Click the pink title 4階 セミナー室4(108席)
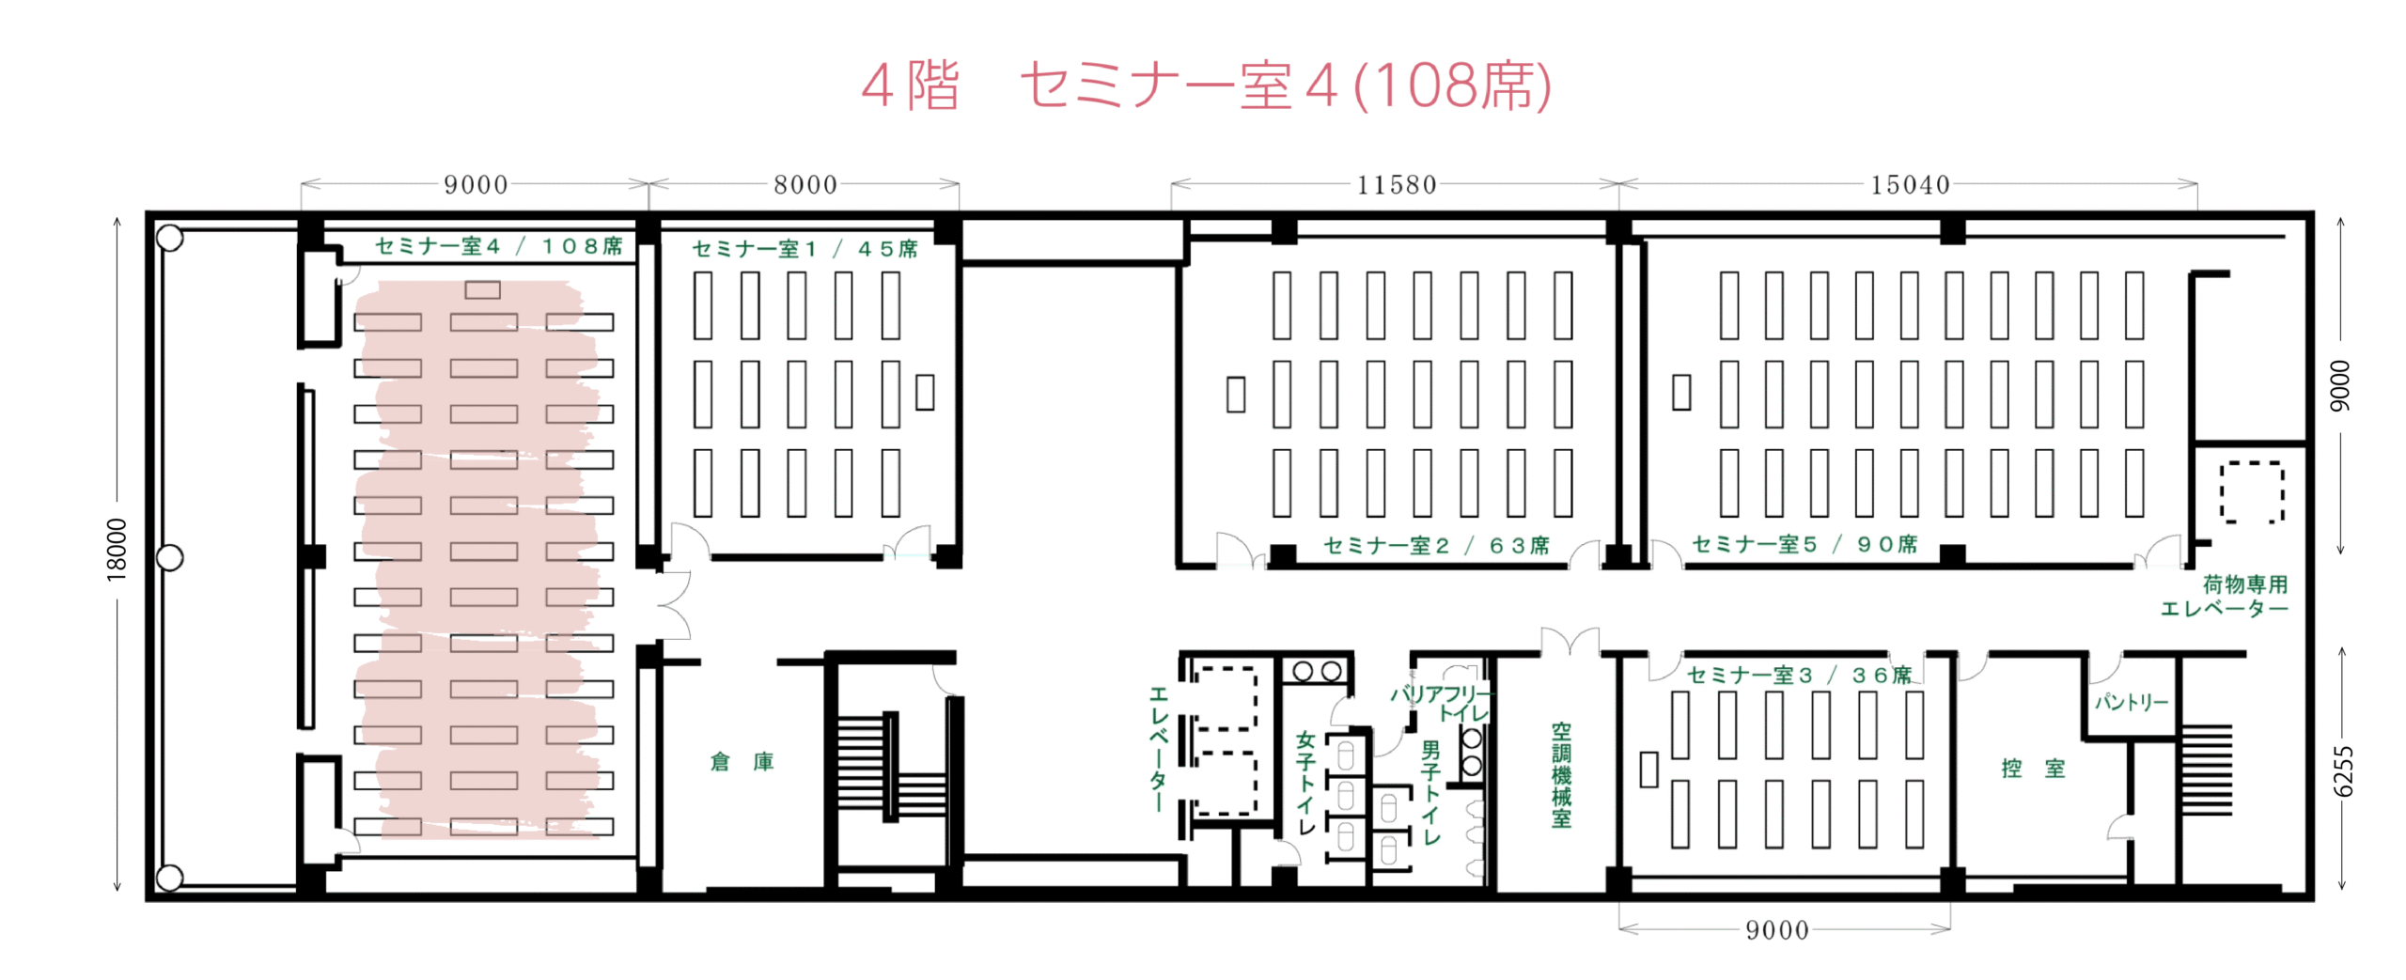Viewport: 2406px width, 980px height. click(1206, 86)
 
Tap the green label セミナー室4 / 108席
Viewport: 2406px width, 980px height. click(499, 246)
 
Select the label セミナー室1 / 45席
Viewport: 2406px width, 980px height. click(805, 249)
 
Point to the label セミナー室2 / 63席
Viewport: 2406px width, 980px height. click(1436, 546)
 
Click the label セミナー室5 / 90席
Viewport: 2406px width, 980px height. click(1804, 545)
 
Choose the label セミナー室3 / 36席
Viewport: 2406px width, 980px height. click(1799, 676)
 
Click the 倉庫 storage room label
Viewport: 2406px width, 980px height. click(742, 762)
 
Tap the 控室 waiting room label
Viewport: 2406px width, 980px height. click(2033, 769)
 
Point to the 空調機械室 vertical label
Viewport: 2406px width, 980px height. click(1561, 775)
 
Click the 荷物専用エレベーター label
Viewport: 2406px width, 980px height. click(2225, 597)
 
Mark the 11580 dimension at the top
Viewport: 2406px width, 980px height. click(1397, 185)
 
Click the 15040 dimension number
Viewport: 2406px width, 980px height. click(1910, 185)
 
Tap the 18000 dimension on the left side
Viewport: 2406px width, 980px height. click(117, 550)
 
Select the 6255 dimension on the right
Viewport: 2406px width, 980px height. click(2344, 771)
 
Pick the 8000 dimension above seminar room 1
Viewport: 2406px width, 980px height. click(805, 185)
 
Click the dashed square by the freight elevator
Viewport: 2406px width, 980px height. click(2252, 491)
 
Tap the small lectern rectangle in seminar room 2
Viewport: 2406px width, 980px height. click(1236, 395)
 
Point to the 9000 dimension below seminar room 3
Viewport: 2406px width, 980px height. click(1776, 930)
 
